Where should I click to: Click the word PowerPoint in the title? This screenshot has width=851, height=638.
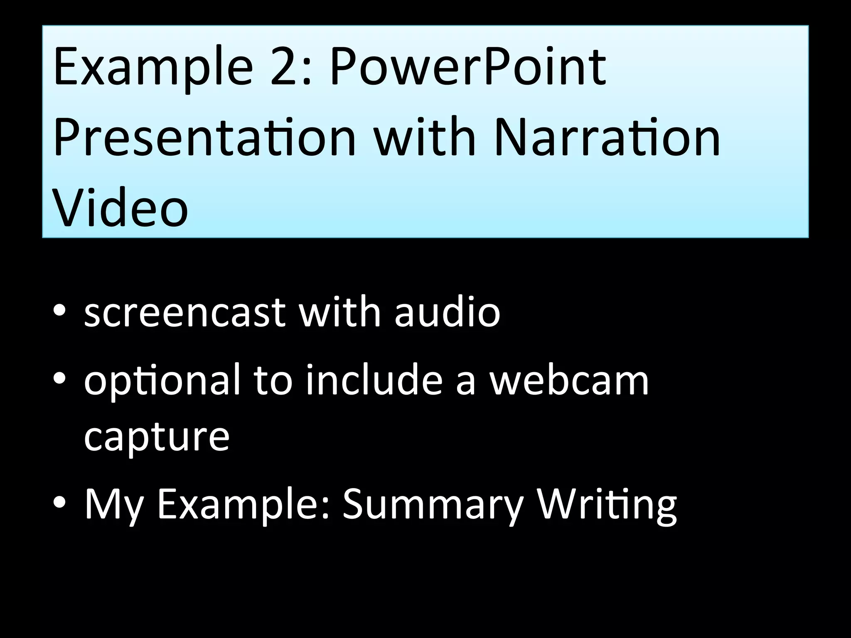coord(468,66)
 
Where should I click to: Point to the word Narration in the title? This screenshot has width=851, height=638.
coord(607,137)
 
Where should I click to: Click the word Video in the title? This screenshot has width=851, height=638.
coord(121,208)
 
